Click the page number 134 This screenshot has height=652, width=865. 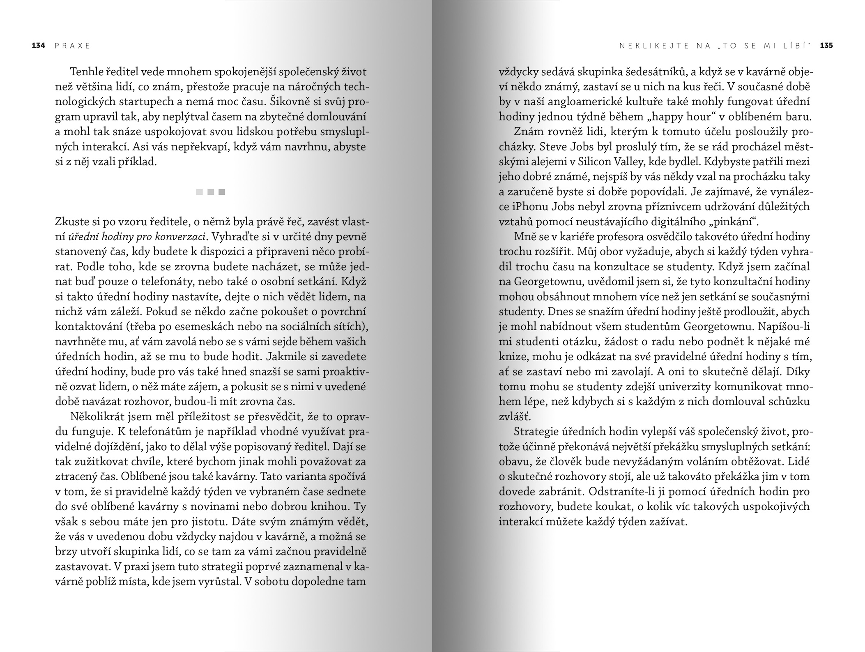(x=38, y=46)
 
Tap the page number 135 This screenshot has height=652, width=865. (x=826, y=46)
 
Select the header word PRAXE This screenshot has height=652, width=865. (x=72, y=46)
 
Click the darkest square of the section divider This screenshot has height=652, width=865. (x=222, y=192)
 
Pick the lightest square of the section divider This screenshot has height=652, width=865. (x=200, y=192)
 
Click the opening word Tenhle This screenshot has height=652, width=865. (x=87, y=72)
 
